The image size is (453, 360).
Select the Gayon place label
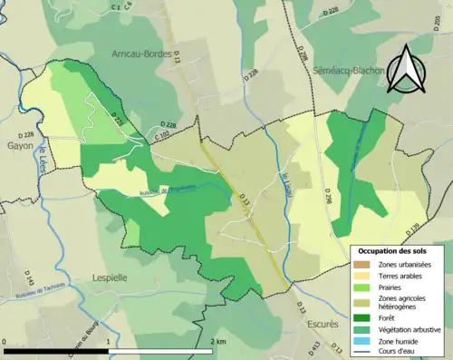point(19,144)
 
